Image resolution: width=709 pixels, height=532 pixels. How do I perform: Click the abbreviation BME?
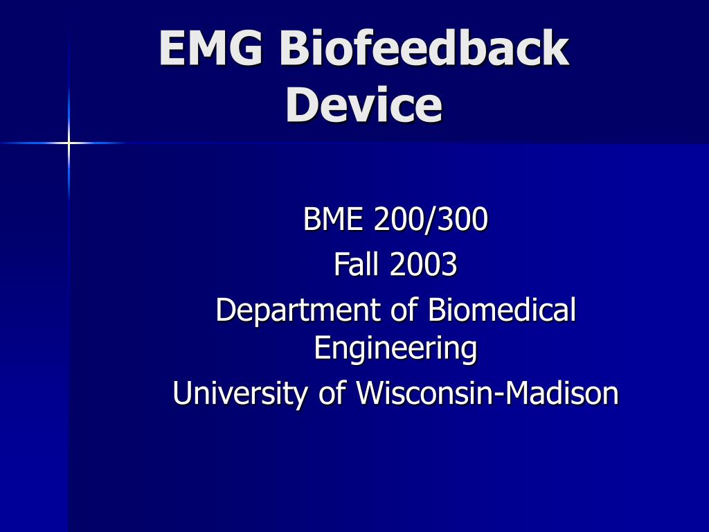tap(333, 220)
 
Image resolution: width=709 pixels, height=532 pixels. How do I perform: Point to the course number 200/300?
tap(430, 220)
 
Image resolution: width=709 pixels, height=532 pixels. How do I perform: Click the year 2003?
tap(423, 264)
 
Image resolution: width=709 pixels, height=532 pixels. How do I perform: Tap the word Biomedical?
tap(502, 310)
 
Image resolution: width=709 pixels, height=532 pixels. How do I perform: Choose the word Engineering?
tap(395, 348)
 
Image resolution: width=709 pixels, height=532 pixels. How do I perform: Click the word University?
tap(242, 393)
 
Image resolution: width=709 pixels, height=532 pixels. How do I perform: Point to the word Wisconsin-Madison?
tap(487, 393)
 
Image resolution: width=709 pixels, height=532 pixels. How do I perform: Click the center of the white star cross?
tap(69, 143)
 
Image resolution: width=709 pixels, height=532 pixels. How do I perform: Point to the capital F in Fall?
tap(340, 264)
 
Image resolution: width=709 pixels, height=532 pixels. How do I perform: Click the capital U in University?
tap(181, 393)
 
